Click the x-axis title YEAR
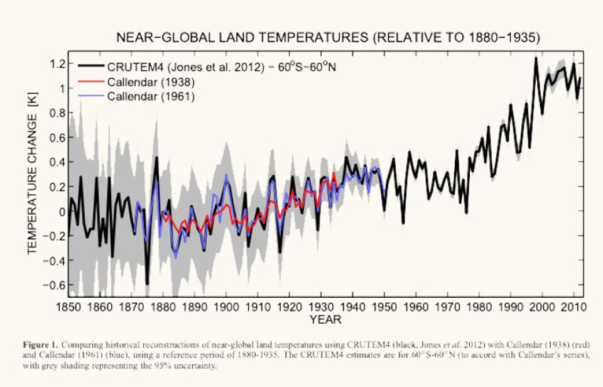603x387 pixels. point(325,320)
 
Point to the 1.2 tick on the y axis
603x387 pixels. point(58,64)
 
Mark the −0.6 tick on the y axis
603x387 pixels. point(56,285)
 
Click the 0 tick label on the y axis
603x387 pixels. point(62,211)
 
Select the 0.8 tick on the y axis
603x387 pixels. point(58,113)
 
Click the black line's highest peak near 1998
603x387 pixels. point(536,58)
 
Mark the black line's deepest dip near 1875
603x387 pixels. point(147,284)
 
